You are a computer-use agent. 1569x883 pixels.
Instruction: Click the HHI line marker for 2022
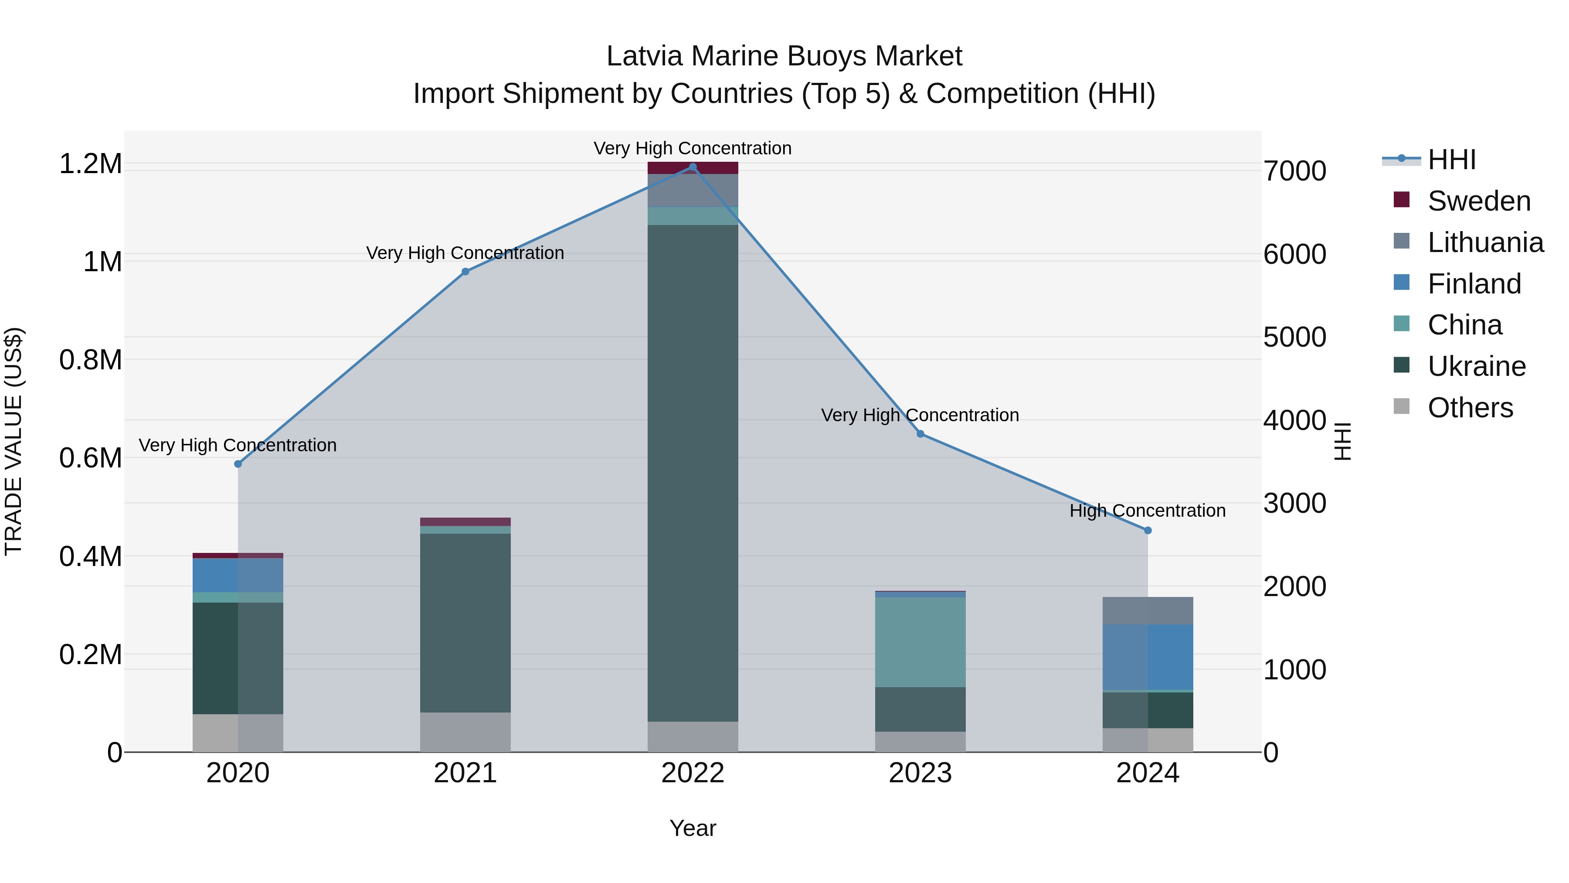693,167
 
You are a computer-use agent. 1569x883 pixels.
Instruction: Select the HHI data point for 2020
238,464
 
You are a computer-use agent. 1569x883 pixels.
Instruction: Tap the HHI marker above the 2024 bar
1148,530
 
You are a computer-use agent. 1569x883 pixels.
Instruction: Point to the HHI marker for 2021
465,272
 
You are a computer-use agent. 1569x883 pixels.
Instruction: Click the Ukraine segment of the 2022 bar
693,473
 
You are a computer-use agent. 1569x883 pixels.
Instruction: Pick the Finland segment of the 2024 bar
1148,657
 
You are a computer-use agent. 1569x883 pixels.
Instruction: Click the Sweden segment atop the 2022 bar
693,168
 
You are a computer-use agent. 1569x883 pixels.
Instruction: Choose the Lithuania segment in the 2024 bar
1148,610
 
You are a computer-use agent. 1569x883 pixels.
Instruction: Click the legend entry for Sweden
1478,201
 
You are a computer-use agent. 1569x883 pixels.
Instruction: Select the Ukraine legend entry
1477,366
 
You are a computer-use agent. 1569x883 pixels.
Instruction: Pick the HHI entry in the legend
1451,160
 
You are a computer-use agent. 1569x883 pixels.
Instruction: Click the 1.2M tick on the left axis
90,164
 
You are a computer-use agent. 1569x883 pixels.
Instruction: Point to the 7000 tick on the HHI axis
1294,171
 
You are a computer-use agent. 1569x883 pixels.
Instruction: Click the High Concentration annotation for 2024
1148,511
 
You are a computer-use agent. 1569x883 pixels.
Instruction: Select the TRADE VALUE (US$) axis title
14,441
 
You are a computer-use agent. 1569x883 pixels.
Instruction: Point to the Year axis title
693,828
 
